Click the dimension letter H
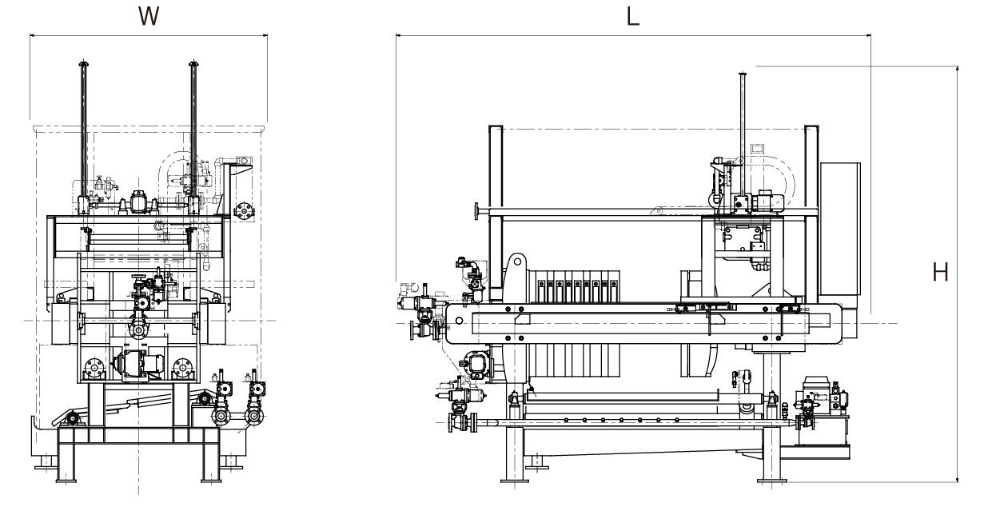[942, 272]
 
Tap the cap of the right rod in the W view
[193, 64]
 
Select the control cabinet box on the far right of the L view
[839, 236]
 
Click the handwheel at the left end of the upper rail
[476, 211]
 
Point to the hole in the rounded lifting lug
[518, 261]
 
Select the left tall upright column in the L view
[496, 208]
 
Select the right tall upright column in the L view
[811, 208]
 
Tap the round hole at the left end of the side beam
[459, 321]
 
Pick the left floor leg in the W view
[66, 460]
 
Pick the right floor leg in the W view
[209, 460]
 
